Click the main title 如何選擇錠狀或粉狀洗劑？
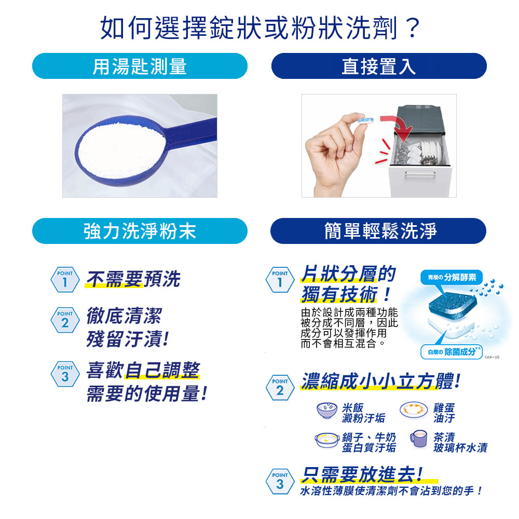pos(260,28)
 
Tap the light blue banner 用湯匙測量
pos(140,66)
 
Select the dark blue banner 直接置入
pos(379,66)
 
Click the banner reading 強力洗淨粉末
pos(140,231)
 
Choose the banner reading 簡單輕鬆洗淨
pos(378,231)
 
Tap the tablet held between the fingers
pos(366,119)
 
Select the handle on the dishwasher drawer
pos(420,174)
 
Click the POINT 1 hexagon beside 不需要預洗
pos(65,280)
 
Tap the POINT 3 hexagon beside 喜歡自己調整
pos(65,374)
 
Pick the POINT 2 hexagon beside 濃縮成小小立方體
pos(280,388)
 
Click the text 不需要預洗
pos(133,279)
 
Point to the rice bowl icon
pos(327,411)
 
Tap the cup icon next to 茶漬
pos(419,439)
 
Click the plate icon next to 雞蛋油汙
pos(414,410)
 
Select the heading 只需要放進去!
pos(362,474)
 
